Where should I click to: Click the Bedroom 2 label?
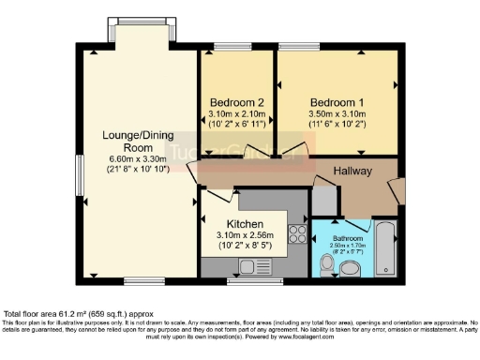235,101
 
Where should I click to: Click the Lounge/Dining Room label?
127,142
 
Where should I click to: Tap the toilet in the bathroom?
325,268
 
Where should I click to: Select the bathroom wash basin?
351,270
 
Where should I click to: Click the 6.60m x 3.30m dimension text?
127,160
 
